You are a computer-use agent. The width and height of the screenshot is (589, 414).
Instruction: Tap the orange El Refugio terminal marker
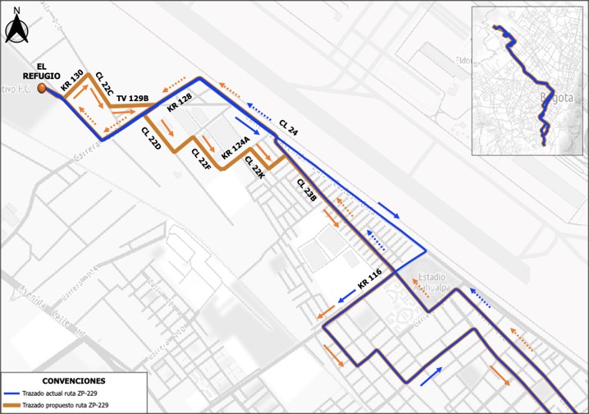[x=42, y=87]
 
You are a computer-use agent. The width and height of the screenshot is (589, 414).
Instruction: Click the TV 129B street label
[x=132, y=99]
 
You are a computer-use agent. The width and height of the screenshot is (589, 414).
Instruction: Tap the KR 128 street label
[x=179, y=103]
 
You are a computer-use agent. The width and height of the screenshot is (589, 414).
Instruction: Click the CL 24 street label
[x=289, y=128]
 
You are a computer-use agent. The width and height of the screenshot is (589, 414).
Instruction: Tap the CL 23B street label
[x=307, y=191]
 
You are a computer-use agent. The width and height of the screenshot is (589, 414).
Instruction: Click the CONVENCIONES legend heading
[x=74, y=381]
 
